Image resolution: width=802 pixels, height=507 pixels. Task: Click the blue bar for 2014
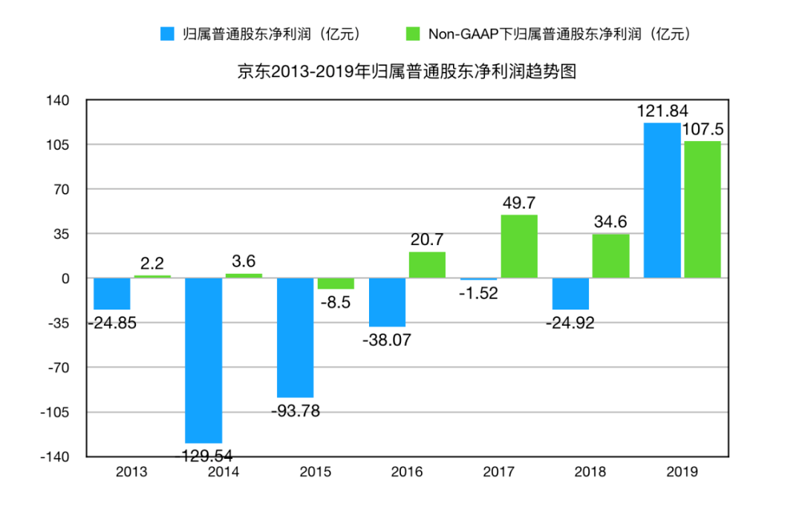click(203, 360)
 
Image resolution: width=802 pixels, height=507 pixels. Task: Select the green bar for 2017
click(519, 246)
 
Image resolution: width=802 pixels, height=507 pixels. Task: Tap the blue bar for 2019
click(662, 200)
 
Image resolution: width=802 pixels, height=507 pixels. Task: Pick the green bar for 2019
click(702, 209)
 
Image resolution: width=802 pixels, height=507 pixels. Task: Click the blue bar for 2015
click(296, 338)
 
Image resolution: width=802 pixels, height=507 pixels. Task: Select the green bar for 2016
click(427, 265)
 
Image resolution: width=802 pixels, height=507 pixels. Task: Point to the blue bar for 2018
click(570, 293)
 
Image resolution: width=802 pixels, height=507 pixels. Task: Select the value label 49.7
click(519, 203)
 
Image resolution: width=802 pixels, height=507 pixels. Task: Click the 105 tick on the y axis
click(59, 145)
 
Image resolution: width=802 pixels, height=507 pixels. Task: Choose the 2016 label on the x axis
click(406, 472)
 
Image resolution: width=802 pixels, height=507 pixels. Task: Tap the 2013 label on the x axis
click(132, 472)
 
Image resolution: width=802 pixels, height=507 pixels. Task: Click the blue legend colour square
click(168, 34)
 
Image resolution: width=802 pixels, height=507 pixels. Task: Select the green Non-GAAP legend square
click(413, 34)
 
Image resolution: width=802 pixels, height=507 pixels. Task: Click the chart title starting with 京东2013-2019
click(407, 73)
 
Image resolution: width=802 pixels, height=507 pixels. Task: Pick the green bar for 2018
click(610, 256)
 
